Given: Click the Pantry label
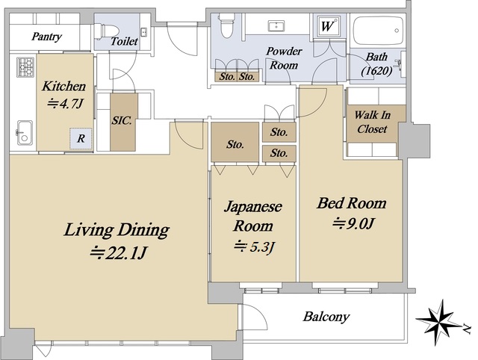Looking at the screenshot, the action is (x=46, y=37).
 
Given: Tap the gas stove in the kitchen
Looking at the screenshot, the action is (x=25, y=66).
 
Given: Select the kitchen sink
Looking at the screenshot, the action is (x=25, y=133).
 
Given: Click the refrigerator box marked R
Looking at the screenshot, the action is (x=81, y=139).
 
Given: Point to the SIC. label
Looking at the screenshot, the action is (x=122, y=120).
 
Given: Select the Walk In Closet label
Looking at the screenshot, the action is (x=372, y=122).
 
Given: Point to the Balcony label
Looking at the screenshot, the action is (x=326, y=317).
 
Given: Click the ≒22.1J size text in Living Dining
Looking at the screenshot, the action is (x=118, y=252).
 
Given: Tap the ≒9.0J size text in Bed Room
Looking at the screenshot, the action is (x=353, y=223).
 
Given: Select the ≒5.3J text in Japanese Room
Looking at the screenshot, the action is (x=255, y=246).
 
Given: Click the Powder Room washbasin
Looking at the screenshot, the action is (x=276, y=25).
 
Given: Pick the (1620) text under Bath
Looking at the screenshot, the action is (x=376, y=71).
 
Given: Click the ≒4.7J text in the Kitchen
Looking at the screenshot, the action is (x=65, y=104).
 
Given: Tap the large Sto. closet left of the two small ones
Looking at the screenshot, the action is (x=235, y=142).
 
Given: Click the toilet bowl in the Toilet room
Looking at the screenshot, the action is (x=106, y=31).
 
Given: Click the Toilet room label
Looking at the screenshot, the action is (x=124, y=42).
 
